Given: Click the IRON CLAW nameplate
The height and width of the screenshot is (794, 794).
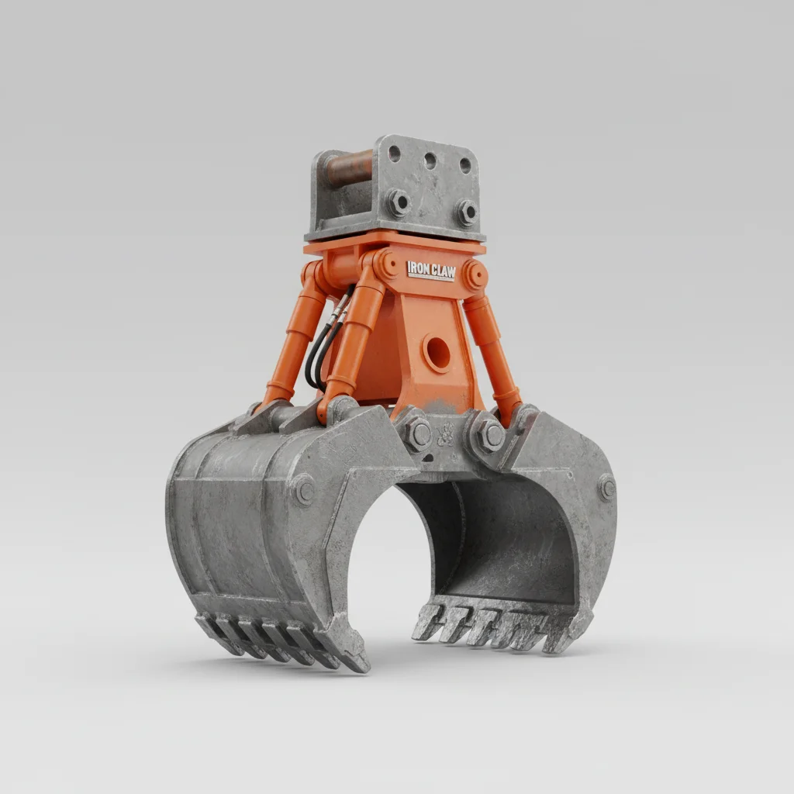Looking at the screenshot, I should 431,270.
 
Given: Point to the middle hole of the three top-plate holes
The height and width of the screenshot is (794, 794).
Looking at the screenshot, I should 430,160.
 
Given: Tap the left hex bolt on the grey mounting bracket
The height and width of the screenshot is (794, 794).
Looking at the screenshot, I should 398,202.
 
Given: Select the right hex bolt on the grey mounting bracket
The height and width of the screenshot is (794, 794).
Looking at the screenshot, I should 466,210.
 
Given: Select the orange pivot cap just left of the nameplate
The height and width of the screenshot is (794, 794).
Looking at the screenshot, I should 385,264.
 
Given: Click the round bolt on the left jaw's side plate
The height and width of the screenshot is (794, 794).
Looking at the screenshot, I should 302,489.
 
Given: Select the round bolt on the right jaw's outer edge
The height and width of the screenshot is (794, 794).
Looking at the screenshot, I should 606,488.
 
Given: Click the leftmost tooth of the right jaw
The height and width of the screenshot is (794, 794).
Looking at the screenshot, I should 429,621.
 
